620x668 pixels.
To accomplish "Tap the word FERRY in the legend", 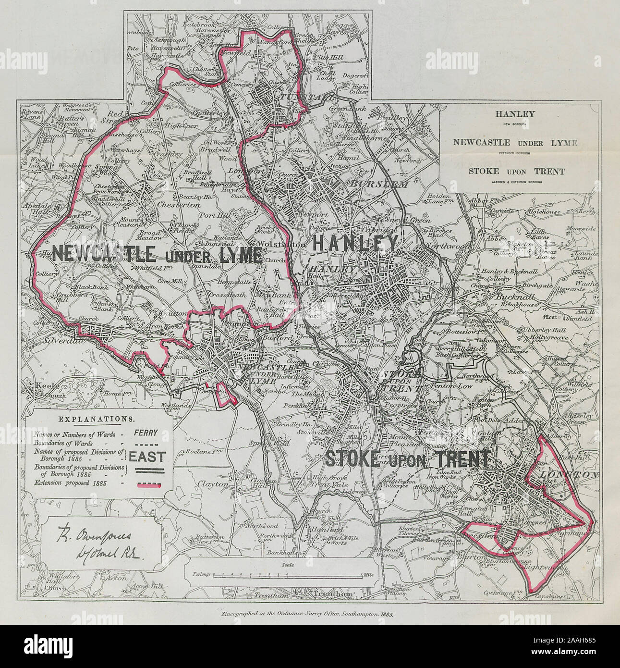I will tap(146, 433).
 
